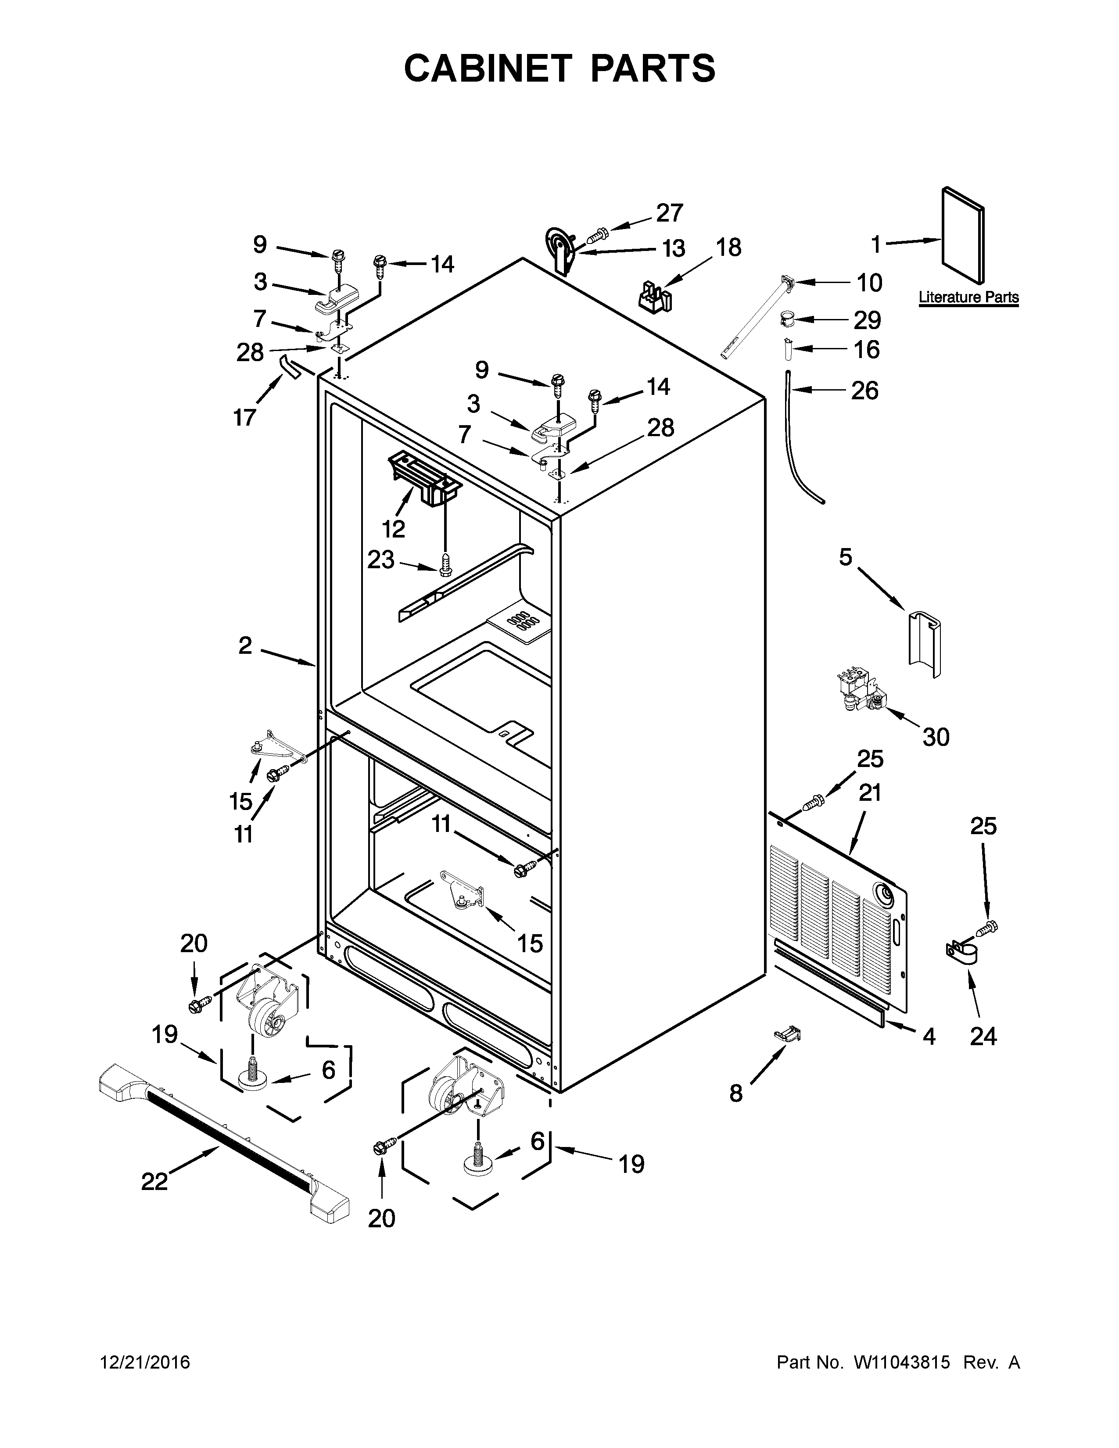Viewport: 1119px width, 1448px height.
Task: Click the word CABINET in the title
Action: click(487, 68)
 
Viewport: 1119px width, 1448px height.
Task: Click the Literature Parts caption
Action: click(968, 297)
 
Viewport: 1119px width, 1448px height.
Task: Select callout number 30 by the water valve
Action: click(936, 737)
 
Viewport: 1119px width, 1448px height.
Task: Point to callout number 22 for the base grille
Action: click(154, 1181)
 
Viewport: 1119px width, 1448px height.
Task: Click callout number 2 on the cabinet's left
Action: click(245, 645)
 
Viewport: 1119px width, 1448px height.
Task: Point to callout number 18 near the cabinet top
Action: click(728, 247)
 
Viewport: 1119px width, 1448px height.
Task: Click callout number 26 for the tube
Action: click(864, 391)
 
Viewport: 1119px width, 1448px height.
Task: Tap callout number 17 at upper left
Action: click(244, 418)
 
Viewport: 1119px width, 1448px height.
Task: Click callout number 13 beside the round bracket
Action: click(674, 249)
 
